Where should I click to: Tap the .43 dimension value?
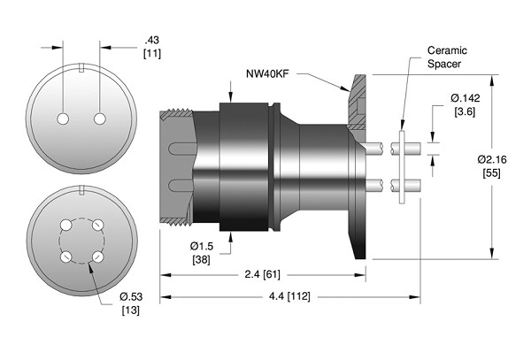pos(150,41)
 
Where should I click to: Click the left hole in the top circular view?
pos(64,119)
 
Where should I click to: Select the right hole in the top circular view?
pos(99,119)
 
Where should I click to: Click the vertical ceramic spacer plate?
pos(403,168)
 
